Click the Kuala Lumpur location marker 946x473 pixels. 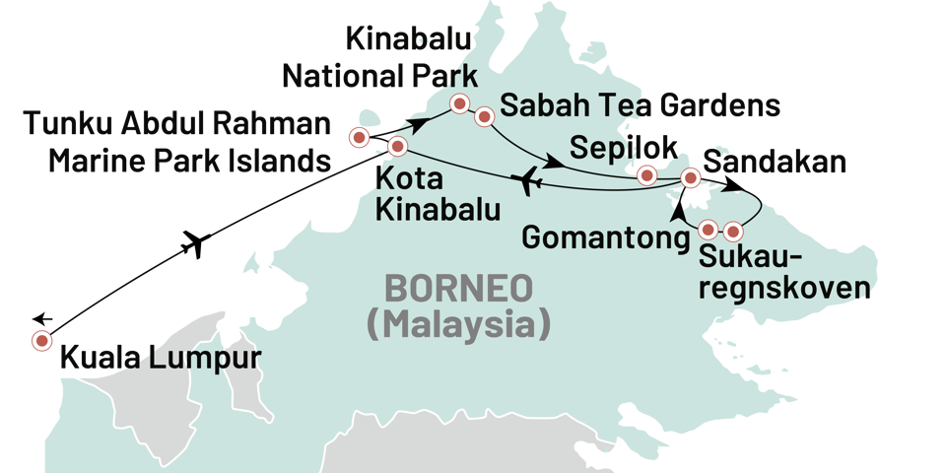click(41, 341)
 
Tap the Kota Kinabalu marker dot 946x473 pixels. click(397, 148)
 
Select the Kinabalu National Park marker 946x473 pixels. click(458, 103)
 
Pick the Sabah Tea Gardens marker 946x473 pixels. click(484, 117)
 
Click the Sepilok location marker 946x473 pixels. click(646, 175)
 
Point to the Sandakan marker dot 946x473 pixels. click(692, 178)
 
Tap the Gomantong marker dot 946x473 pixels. click(708, 230)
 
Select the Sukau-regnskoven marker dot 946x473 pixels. click(732, 232)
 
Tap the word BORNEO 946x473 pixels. click(458, 288)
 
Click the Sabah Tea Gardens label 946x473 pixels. click(641, 105)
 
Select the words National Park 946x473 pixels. click(379, 75)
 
